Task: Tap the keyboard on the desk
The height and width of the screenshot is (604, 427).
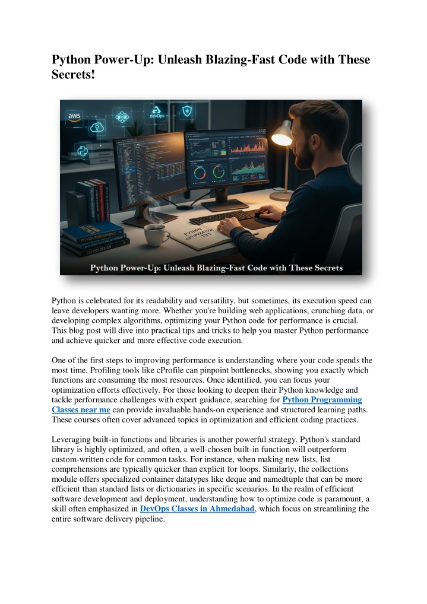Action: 223,218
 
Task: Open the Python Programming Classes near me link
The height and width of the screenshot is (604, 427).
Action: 322,400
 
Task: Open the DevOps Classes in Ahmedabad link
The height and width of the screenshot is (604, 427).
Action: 197,508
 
